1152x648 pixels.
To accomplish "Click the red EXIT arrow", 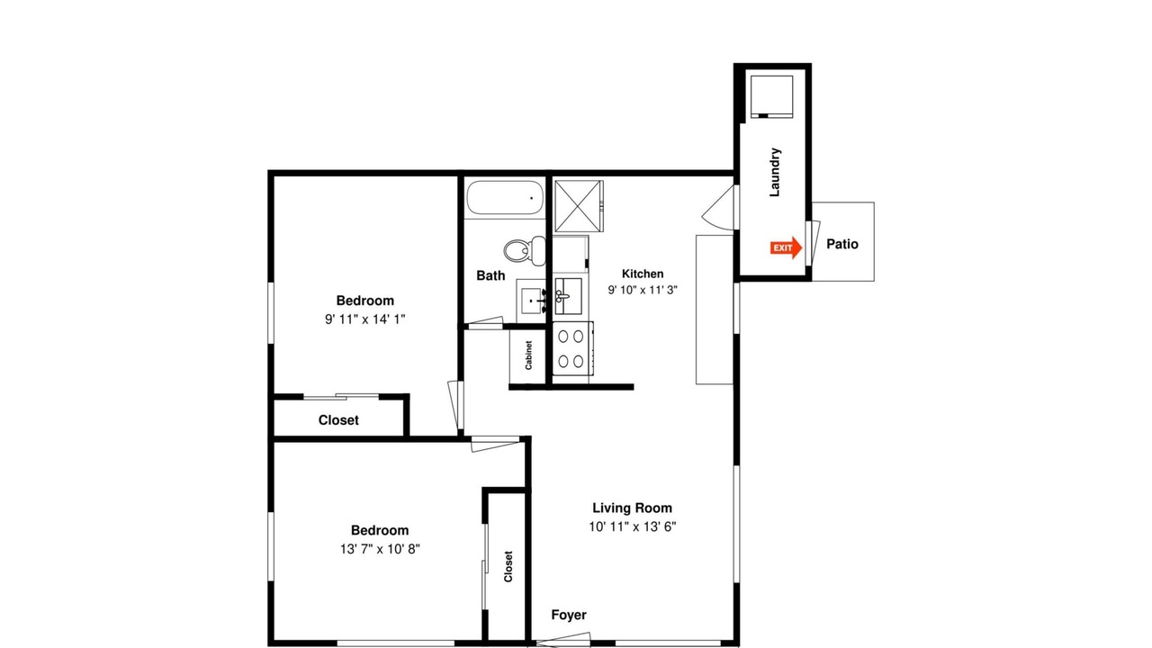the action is (x=787, y=247).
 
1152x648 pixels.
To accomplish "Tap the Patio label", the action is (x=842, y=244).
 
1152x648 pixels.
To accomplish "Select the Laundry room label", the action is (x=775, y=172).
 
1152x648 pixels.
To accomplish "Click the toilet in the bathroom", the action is (x=525, y=250).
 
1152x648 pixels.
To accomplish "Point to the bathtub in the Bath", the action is (x=505, y=196).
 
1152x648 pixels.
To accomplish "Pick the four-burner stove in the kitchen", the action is (x=573, y=348).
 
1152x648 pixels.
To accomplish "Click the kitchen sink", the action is (x=568, y=296).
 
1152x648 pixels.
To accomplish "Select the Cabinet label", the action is (x=528, y=355).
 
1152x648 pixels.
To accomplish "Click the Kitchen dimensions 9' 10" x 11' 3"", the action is (x=643, y=290).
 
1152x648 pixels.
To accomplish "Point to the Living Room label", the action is (x=633, y=508).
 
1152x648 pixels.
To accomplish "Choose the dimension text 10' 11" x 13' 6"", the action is (x=633, y=526).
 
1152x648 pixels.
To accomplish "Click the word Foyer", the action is (x=569, y=615).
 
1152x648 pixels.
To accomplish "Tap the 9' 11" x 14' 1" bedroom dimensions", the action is (x=365, y=319).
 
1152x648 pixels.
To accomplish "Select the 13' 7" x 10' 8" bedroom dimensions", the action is (x=380, y=549).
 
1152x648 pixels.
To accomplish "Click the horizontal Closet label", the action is (x=338, y=420).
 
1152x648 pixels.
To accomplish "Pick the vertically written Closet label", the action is (x=508, y=567).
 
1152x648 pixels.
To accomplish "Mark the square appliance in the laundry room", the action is (x=772, y=96).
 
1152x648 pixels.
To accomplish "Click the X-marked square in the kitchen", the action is (x=579, y=206).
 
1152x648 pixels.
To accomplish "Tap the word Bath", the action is (x=490, y=275).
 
